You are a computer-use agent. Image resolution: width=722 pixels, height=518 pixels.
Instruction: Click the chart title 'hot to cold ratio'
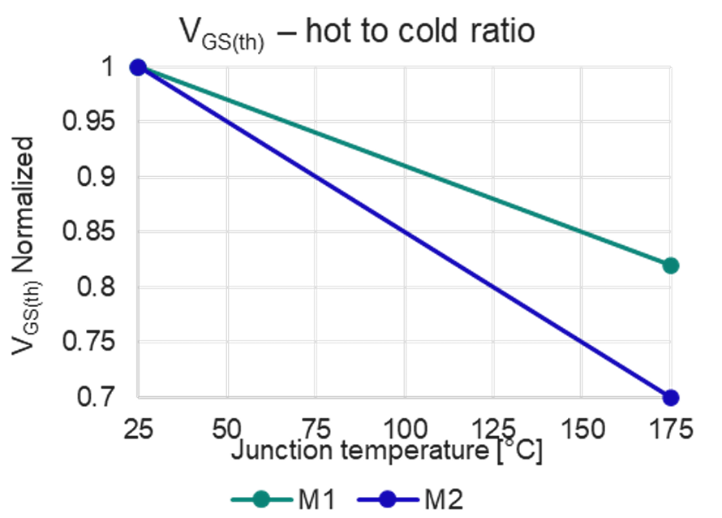coord(357,33)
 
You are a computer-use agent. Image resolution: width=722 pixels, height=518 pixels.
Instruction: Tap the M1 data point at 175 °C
coord(670,265)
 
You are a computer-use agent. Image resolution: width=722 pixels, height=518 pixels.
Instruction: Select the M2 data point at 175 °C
coord(670,398)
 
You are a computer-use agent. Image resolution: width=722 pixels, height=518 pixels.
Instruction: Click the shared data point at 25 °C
coord(138,67)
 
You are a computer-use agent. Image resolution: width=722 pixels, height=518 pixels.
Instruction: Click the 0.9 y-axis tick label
coord(100,177)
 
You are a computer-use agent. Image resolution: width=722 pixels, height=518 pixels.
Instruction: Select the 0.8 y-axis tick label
coord(100,287)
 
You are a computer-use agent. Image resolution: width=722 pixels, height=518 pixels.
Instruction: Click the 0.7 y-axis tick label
coord(100,398)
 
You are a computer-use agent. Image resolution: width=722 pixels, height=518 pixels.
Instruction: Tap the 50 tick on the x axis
coord(228,427)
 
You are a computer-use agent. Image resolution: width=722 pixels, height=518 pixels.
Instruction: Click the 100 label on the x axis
coord(404,427)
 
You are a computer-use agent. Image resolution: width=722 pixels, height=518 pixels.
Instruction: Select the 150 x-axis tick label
coord(581,427)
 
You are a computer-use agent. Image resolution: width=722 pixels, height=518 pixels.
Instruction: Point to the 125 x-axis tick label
coord(492,427)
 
